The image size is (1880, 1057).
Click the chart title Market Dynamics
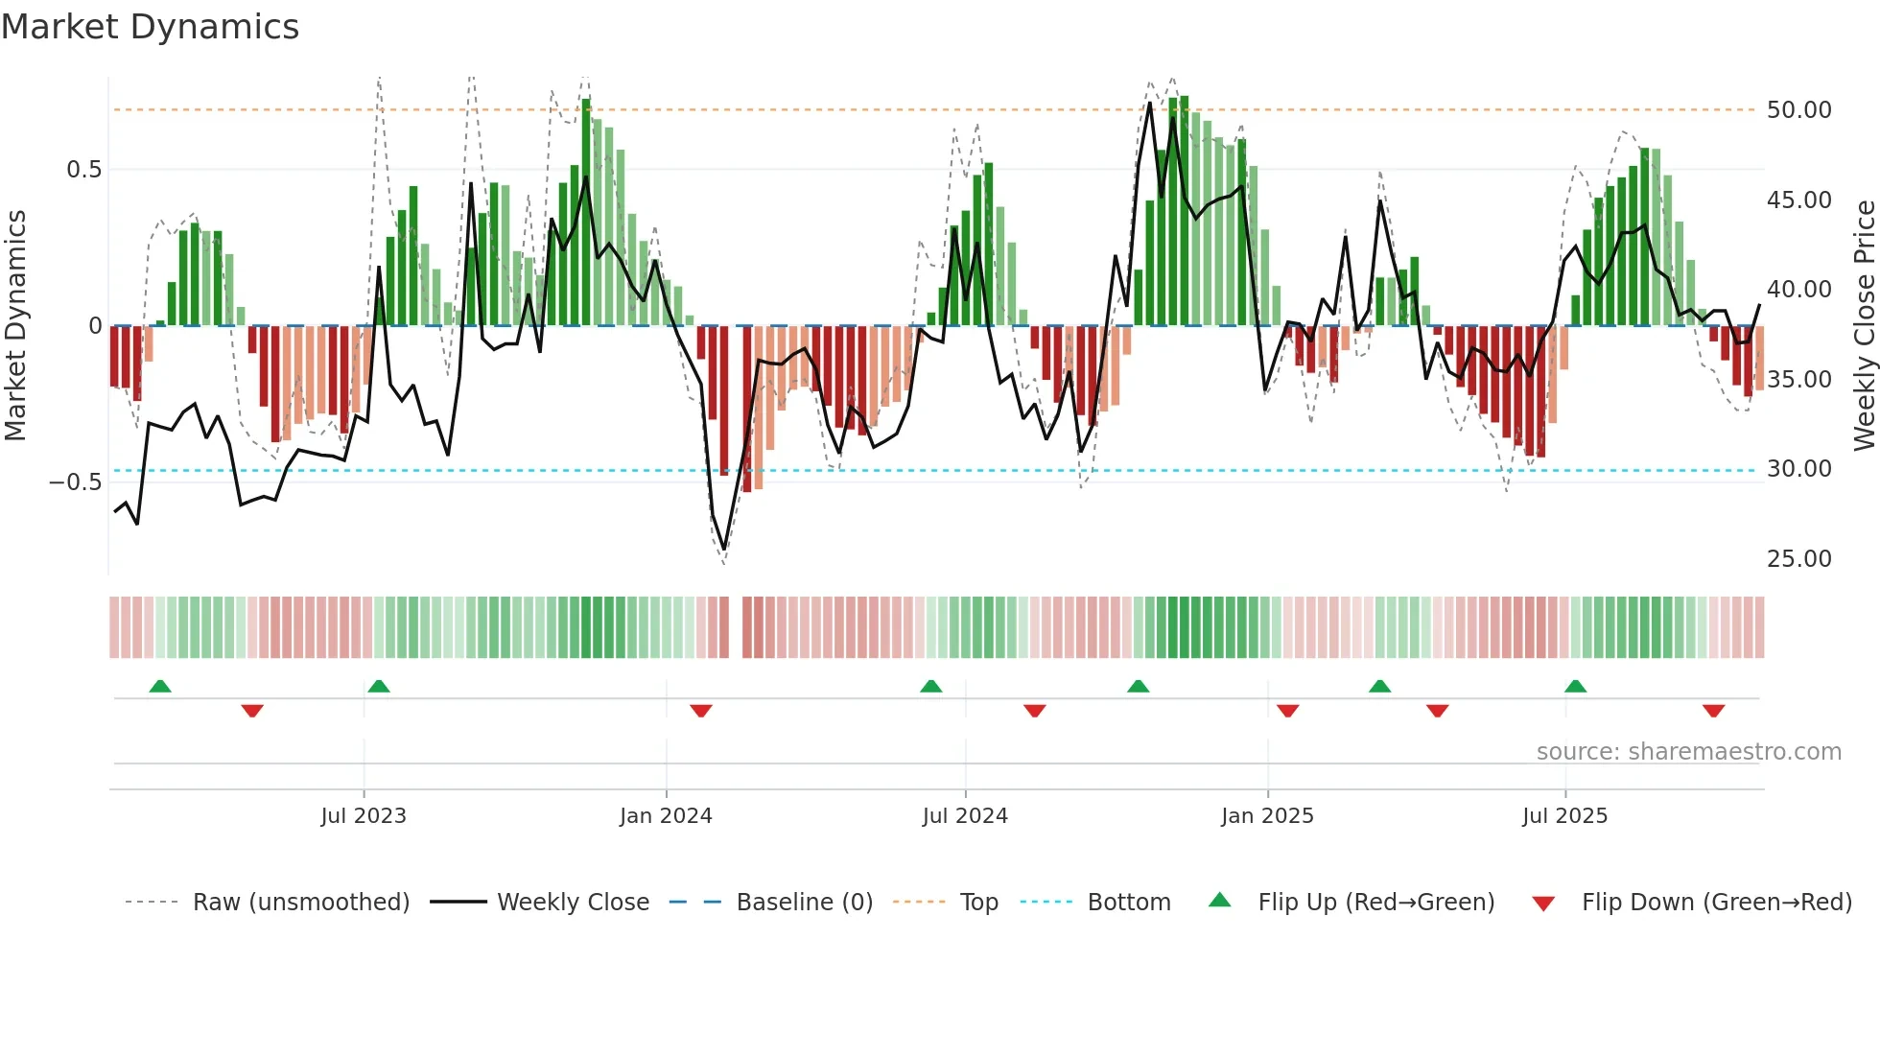151,27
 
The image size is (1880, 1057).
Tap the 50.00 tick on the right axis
1798,110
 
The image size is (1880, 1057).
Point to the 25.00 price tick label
1798,559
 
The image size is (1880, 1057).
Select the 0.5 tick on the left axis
83,170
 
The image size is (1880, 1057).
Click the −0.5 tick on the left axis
76,482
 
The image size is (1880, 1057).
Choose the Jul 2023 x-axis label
364,816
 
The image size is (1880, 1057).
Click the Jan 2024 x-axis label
666,816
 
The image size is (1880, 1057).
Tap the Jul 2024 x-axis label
965,816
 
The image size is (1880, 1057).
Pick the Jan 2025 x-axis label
1267,816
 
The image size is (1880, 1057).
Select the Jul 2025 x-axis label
1564,816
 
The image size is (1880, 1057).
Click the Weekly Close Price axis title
1864,325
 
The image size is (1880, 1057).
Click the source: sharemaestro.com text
1688,752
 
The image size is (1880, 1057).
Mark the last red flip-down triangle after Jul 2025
1714,711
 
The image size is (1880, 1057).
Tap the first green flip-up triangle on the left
160,686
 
